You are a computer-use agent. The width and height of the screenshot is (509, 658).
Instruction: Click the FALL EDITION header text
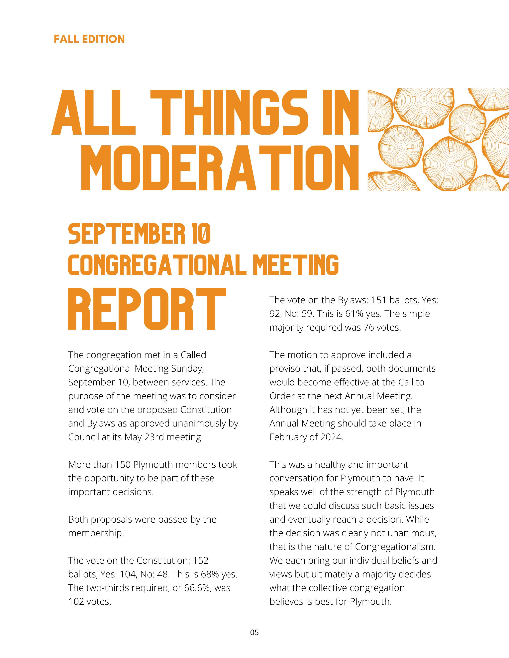(x=89, y=39)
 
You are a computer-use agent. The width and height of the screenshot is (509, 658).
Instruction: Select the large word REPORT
(x=147, y=309)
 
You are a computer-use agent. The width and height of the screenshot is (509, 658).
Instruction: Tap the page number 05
(x=254, y=632)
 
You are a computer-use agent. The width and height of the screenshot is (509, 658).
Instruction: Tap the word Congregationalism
(x=395, y=547)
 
